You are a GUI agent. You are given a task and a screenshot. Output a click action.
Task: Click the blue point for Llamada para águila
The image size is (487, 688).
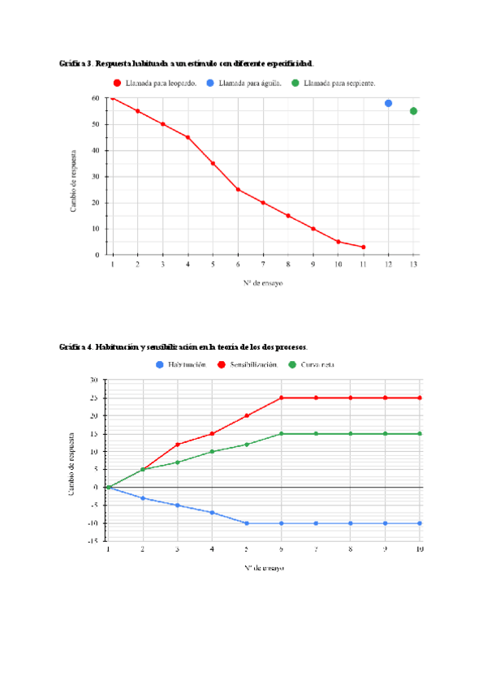click(389, 104)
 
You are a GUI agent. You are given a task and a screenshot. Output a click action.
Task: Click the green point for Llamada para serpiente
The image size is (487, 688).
click(414, 111)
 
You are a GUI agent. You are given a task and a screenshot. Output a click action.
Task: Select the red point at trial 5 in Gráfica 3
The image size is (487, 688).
click(213, 163)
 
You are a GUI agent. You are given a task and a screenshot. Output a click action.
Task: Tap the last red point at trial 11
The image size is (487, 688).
click(364, 247)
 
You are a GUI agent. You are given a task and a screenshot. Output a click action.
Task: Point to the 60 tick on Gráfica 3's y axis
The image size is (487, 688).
click(96, 98)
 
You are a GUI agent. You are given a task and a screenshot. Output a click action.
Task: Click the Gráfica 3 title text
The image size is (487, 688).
click(187, 63)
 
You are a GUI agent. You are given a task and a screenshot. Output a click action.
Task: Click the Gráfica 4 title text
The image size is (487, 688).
click(183, 347)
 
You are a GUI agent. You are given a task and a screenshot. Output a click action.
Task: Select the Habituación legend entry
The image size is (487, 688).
click(182, 365)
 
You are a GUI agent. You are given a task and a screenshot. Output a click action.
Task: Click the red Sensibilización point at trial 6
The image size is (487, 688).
click(282, 398)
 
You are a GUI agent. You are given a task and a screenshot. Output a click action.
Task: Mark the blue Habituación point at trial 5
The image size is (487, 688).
click(247, 523)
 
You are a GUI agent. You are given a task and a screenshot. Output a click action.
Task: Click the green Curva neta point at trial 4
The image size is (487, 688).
click(212, 451)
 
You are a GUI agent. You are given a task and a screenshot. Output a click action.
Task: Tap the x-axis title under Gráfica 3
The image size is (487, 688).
click(265, 283)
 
